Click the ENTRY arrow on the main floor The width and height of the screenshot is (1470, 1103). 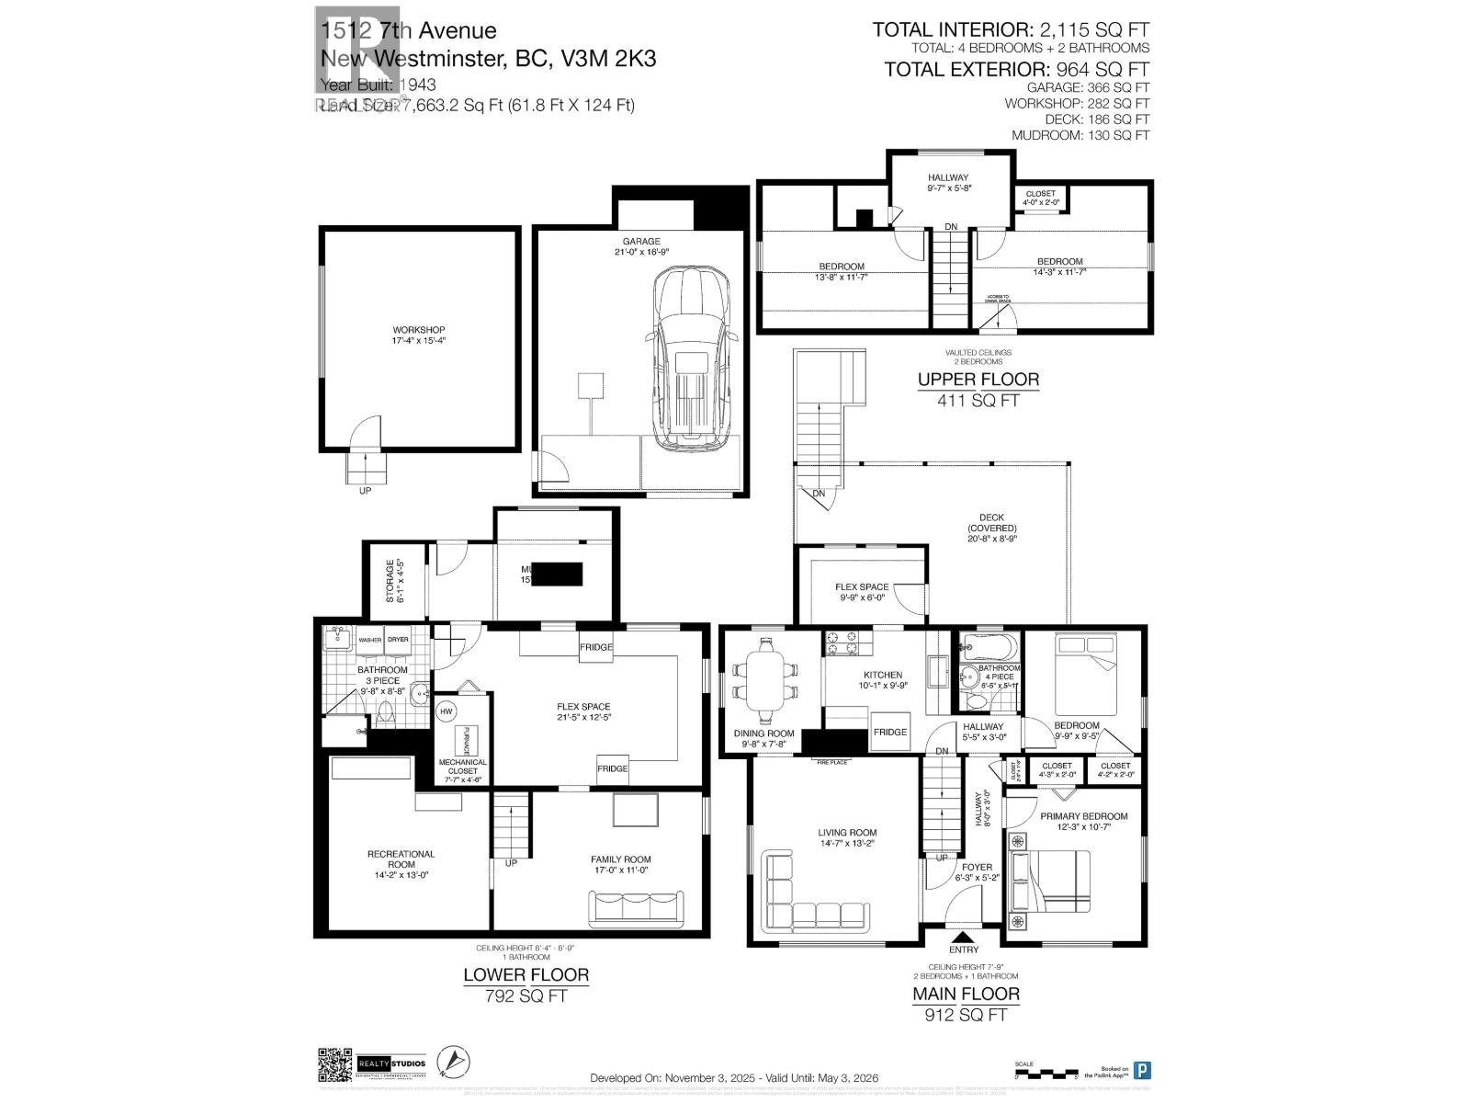(x=964, y=937)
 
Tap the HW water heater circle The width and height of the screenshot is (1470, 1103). (x=447, y=711)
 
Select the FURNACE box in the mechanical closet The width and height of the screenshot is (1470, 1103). (x=466, y=739)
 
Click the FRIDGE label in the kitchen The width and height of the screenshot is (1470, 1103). (x=889, y=732)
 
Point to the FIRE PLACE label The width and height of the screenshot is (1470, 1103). (x=830, y=762)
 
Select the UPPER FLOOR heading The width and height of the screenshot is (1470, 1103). (x=978, y=379)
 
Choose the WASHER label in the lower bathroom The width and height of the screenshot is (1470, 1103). (x=370, y=640)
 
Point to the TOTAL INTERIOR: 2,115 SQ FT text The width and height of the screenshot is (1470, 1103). (x=1010, y=30)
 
